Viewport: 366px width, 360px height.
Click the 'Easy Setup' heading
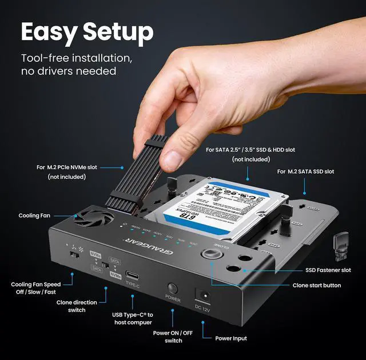(87, 32)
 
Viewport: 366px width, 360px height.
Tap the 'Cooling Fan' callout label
(36, 216)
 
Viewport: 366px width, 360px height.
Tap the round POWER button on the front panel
(172, 287)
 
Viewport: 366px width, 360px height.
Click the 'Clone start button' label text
(316, 285)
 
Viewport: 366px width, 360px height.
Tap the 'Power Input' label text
(231, 338)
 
